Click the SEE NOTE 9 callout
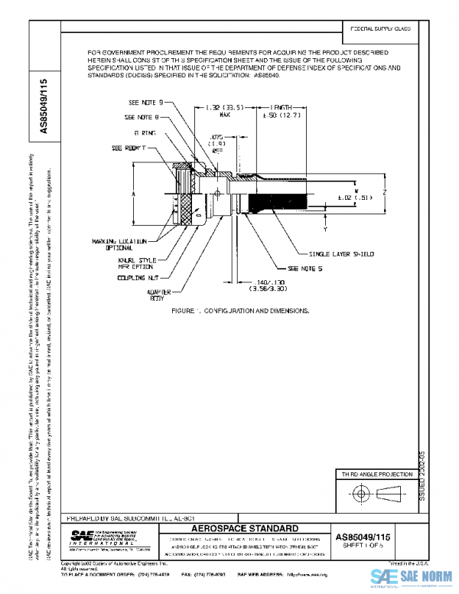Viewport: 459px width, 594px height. (145, 103)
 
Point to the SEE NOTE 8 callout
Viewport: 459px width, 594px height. (142, 118)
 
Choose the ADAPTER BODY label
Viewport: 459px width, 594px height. (159, 295)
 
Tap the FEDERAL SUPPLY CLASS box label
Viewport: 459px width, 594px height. (381, 28)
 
